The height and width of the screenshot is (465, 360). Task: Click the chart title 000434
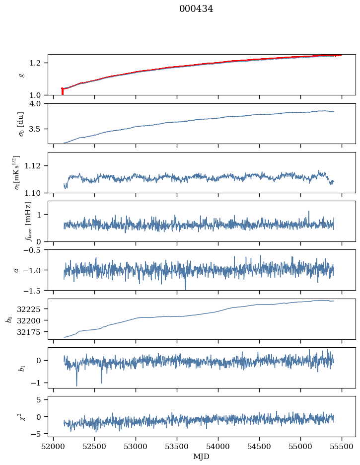click(x=196, y=9)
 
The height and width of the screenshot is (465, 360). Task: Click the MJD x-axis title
click(x=202, y=456)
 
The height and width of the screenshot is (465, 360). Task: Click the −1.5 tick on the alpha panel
click(x=35, y=290)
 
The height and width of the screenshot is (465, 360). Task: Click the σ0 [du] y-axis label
click(x=20, y=124)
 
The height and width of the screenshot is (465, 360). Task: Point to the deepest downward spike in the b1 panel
click(x=76, y=386)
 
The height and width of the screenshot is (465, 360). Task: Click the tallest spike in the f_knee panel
click(x=308, y=211)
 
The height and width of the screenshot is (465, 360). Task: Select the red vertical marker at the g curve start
click(x=62, y=91)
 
